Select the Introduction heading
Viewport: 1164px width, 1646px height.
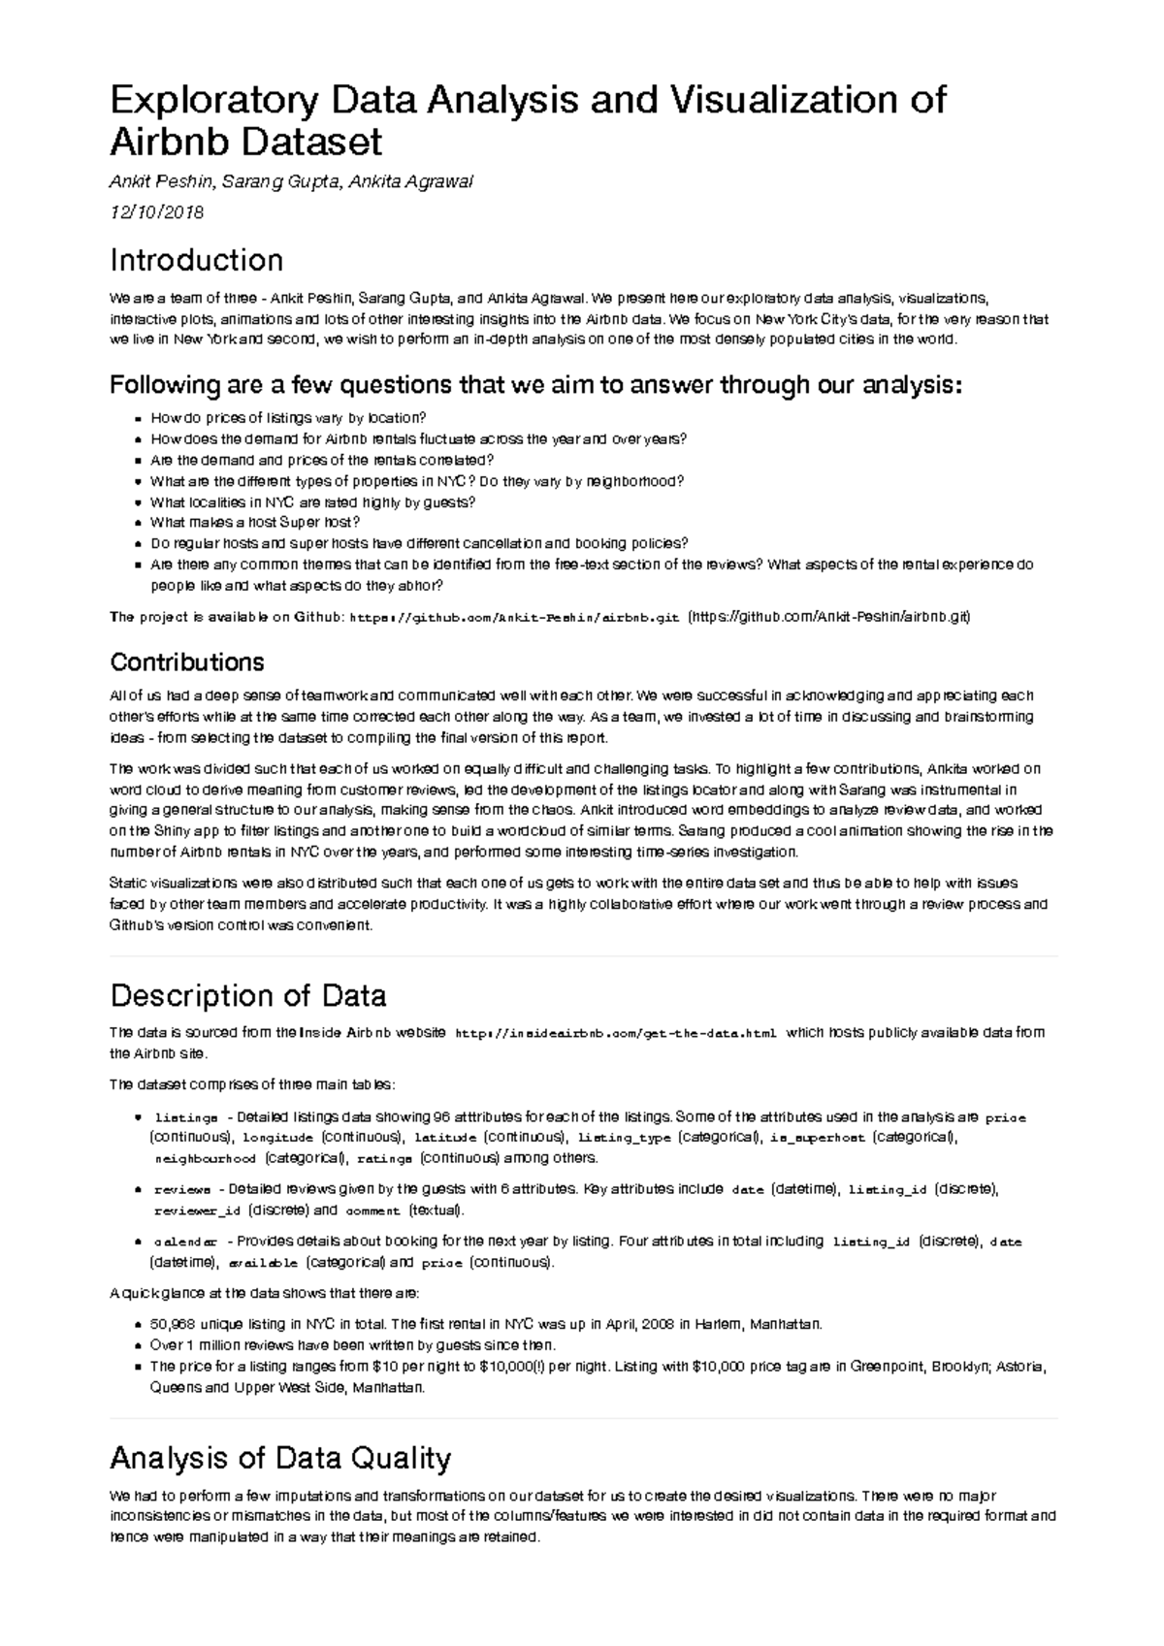196,260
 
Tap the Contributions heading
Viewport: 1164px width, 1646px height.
186,662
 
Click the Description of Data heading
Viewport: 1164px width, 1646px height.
248,995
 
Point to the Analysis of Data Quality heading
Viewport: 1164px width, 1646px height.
280,1458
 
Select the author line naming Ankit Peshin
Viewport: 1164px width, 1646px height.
291,181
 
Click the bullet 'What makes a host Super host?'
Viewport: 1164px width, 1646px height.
255,523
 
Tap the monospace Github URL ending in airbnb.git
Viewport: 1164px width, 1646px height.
513,617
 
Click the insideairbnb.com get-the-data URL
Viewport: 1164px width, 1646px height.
615,1034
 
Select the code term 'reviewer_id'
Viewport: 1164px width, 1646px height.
198,1211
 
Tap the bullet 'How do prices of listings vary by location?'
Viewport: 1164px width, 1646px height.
288,417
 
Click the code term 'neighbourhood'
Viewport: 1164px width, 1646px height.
205,1159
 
